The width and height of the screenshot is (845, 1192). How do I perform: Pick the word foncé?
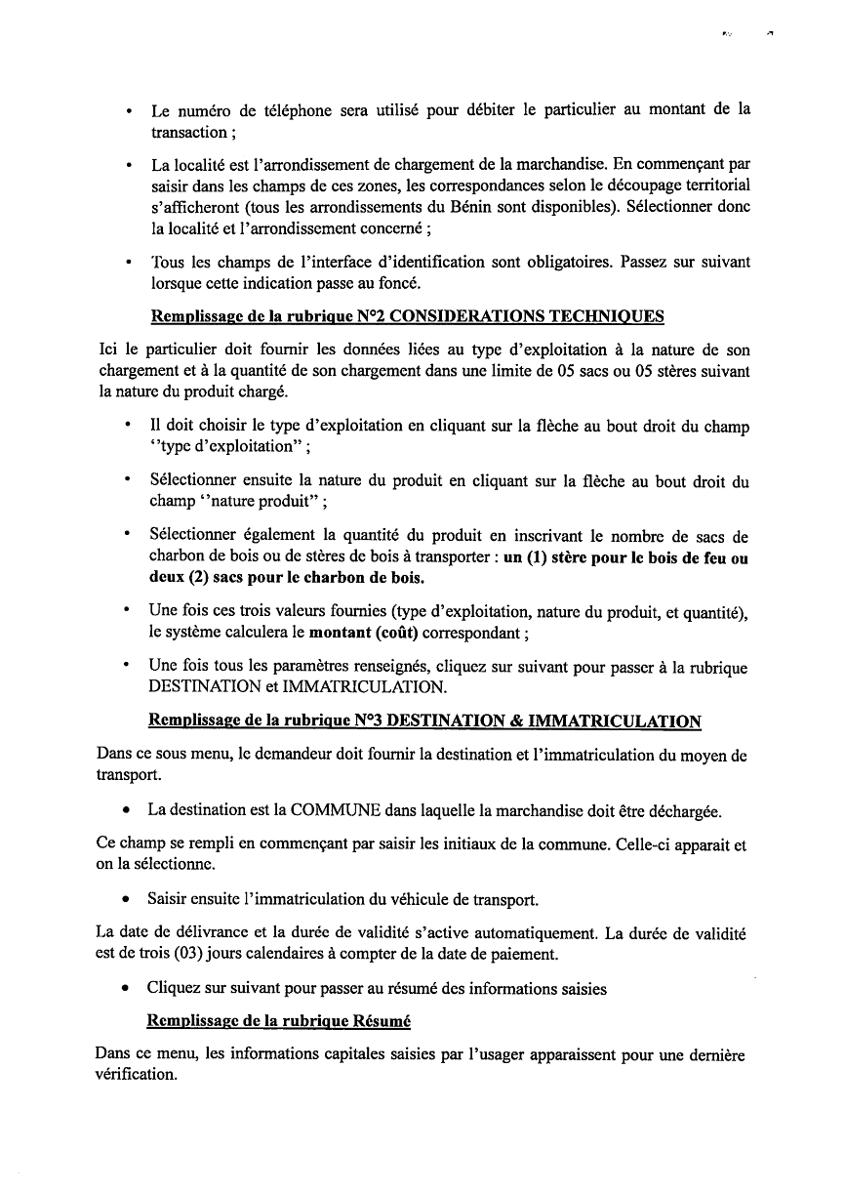[401, 284]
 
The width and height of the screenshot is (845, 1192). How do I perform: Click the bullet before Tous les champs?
[129, 264]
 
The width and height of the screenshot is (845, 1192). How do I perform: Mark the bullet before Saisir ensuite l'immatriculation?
[127, 899]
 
